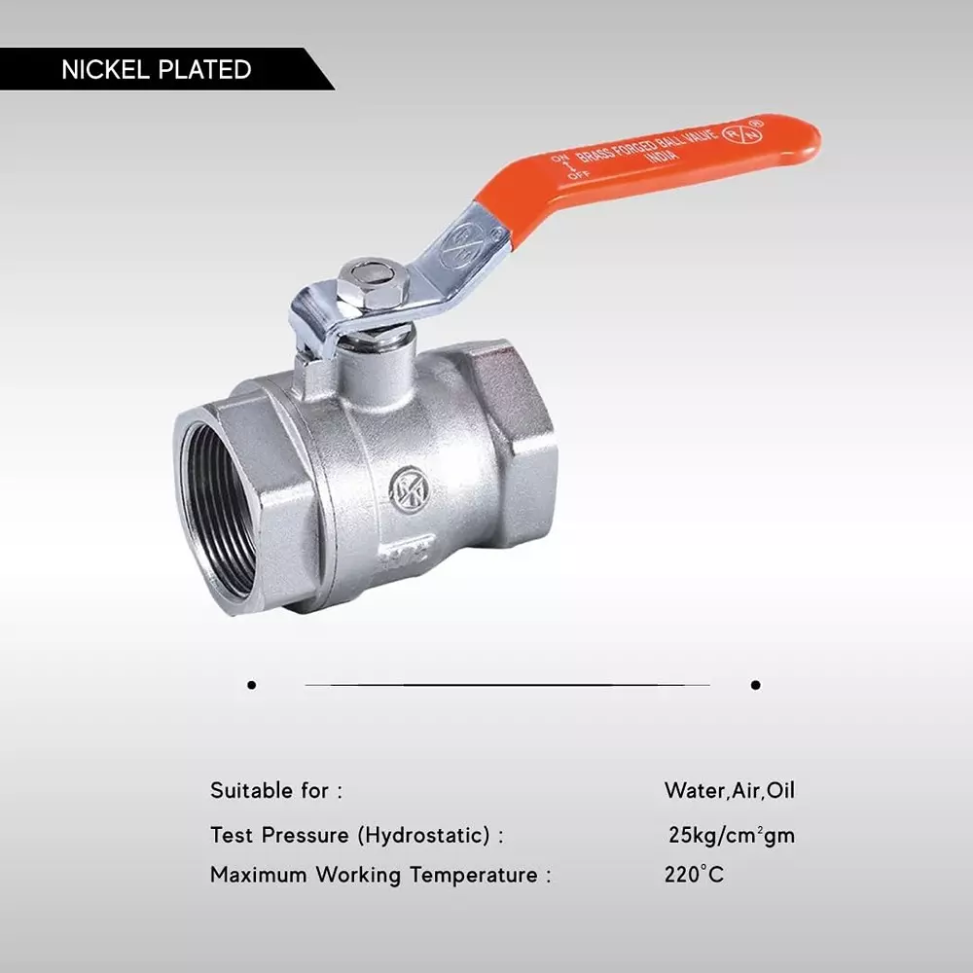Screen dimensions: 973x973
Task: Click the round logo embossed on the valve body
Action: click(x=409, y=489)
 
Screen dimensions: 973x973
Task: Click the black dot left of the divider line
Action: click(x=252, y=685)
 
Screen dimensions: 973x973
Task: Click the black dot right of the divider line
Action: click(x=755, y=685)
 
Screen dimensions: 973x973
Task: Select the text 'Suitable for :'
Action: click(x=276, y=790)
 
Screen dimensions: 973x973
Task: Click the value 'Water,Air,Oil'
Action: click(x=729, y=790)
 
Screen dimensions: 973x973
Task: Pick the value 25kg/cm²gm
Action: click(x=731, y=835)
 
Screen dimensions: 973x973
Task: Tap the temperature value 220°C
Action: click(x=694, y=875)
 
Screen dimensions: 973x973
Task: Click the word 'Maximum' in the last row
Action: click(x=258, y=875)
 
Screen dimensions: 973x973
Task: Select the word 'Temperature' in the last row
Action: click(x=473, y=875)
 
